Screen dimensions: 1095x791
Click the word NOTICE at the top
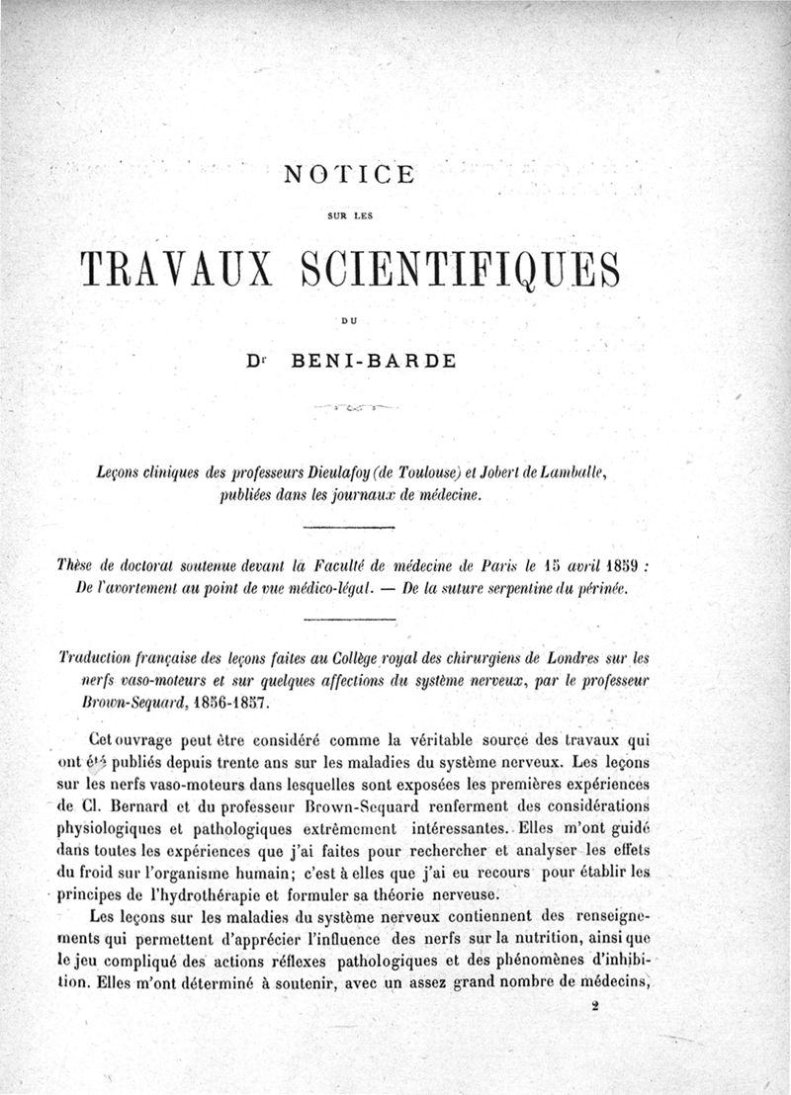349,176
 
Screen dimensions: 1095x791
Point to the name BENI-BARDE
371,361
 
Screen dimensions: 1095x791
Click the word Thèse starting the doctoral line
77,567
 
